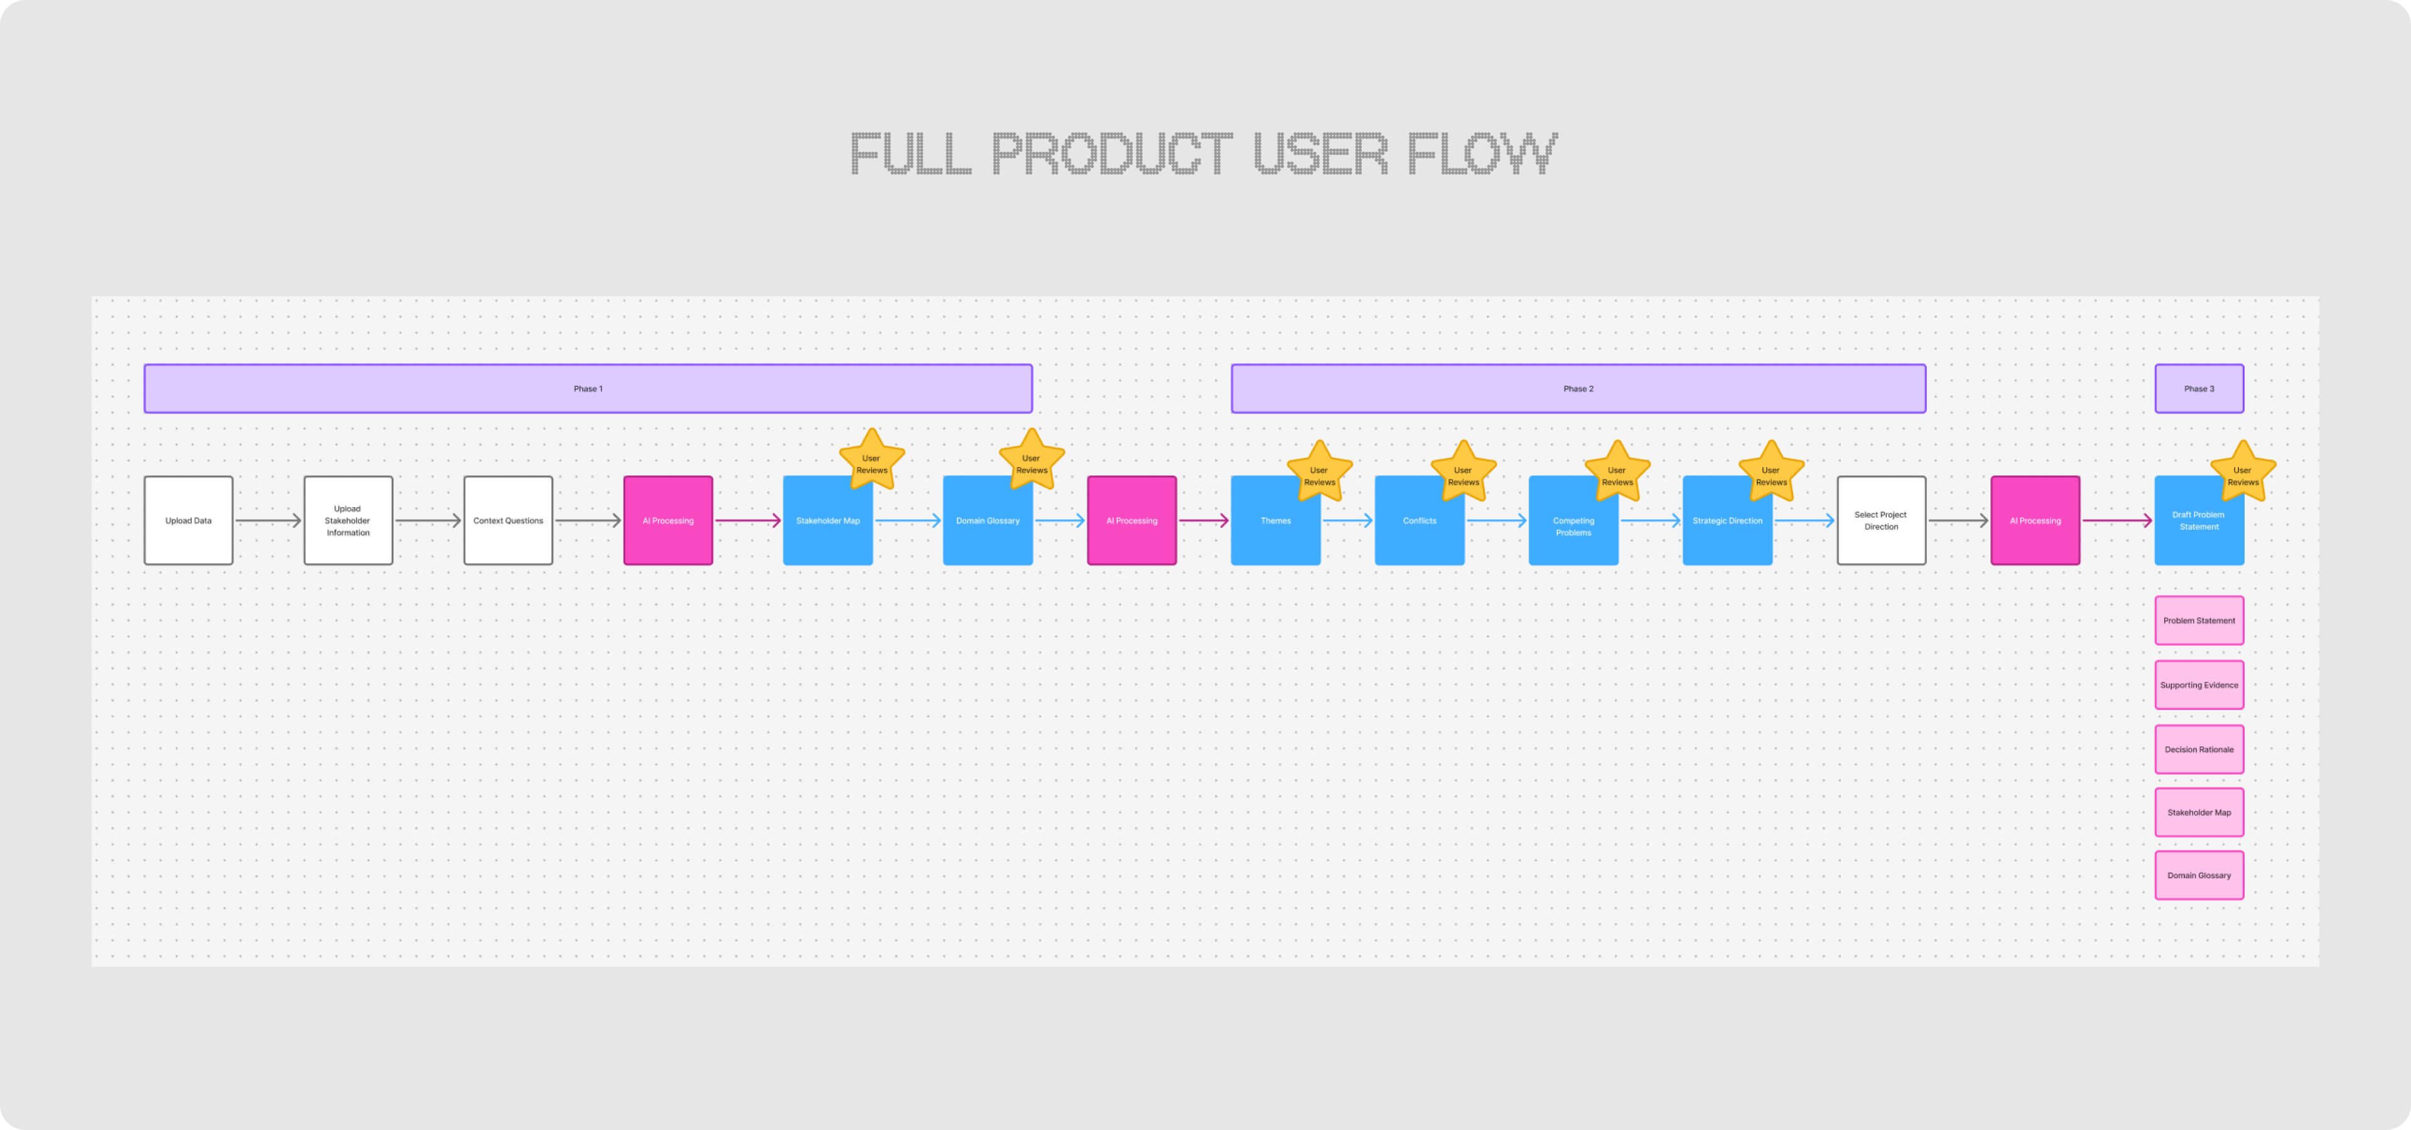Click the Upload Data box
pyautogui.click(x=188, y=520)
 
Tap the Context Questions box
pyautogui.click(x=508, y=520)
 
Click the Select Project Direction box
pyautogui.click(x=1881, y=520)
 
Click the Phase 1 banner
pyautogui.click(x=588, y=388)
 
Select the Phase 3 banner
pyautogui.click(x=2199, y=388)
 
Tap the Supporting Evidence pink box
pyautogui.click(x=2199, y=685)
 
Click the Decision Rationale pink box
pyautogui.click(x=2199, y=750)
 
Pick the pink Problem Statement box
pyautogui.click(x=2199, y=620)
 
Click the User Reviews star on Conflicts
pyautogui.click(x=1463, y=474)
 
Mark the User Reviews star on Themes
pyautogui.click(x=1319, y=474)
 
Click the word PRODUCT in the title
pyautogui.click(x=1112, y=154)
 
